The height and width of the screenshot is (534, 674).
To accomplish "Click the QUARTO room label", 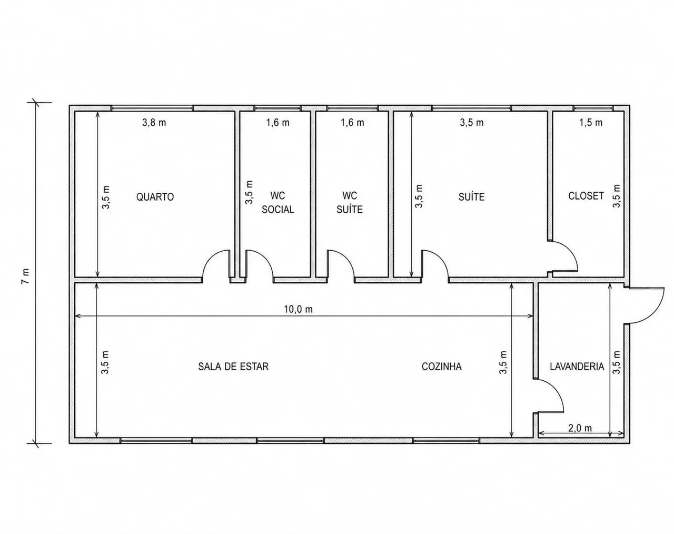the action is coord(155,197).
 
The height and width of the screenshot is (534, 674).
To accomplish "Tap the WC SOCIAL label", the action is coord(278,203).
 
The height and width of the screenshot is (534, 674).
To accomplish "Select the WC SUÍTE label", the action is coord(350,203).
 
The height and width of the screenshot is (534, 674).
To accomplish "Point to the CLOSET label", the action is coord(586,196).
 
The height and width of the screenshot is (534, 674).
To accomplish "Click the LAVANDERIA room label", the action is coord(577,367).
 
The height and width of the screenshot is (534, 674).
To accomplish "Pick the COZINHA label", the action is coord(442,367).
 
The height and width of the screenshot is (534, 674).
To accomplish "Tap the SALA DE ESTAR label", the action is coord(233,367).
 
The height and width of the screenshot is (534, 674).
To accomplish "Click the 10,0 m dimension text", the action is coord(298,310).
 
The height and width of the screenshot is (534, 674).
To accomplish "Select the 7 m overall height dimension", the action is coord(26,276).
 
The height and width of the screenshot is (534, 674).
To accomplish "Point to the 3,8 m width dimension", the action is coord(154,123).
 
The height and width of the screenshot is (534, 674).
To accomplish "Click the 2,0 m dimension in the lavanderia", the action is coord(580,428).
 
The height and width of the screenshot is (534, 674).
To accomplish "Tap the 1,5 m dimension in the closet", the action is coord(591,123).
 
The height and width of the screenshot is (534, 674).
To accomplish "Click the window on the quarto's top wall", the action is coord(153,108).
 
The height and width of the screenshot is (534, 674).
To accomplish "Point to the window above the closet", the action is coord(593,108).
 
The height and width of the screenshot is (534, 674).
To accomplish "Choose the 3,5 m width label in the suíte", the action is coord(472,123).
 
